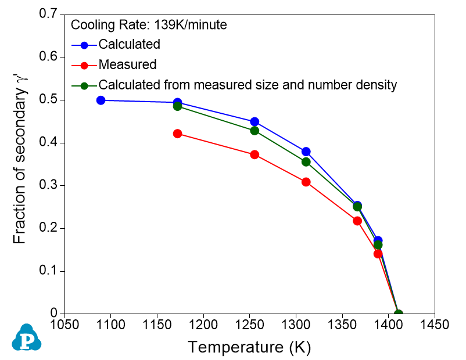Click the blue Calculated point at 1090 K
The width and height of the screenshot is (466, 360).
click(x=101, y=100)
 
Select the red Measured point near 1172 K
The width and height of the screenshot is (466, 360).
click(x=178, y=134)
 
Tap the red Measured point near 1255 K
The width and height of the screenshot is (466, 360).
click(x=254, y=155)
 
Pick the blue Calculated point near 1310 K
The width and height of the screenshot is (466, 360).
click(x=306, y=152)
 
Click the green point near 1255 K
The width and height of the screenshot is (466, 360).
click(x=254, y=131)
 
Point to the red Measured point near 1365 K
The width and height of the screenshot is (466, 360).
click(x=357, y=221)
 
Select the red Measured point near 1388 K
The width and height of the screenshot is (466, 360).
click(x=378, y=254)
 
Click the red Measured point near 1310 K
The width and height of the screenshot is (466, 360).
click(x=306, y=182)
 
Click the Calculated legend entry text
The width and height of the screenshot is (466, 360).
click(x=129, y=44)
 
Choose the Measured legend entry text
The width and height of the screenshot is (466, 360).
click(x=127, y=64)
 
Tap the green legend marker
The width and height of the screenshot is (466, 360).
click(x=84, y=85)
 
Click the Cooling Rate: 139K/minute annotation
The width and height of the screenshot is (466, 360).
click(x=148, y=25)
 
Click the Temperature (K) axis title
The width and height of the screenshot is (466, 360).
click(x=249, y=347)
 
